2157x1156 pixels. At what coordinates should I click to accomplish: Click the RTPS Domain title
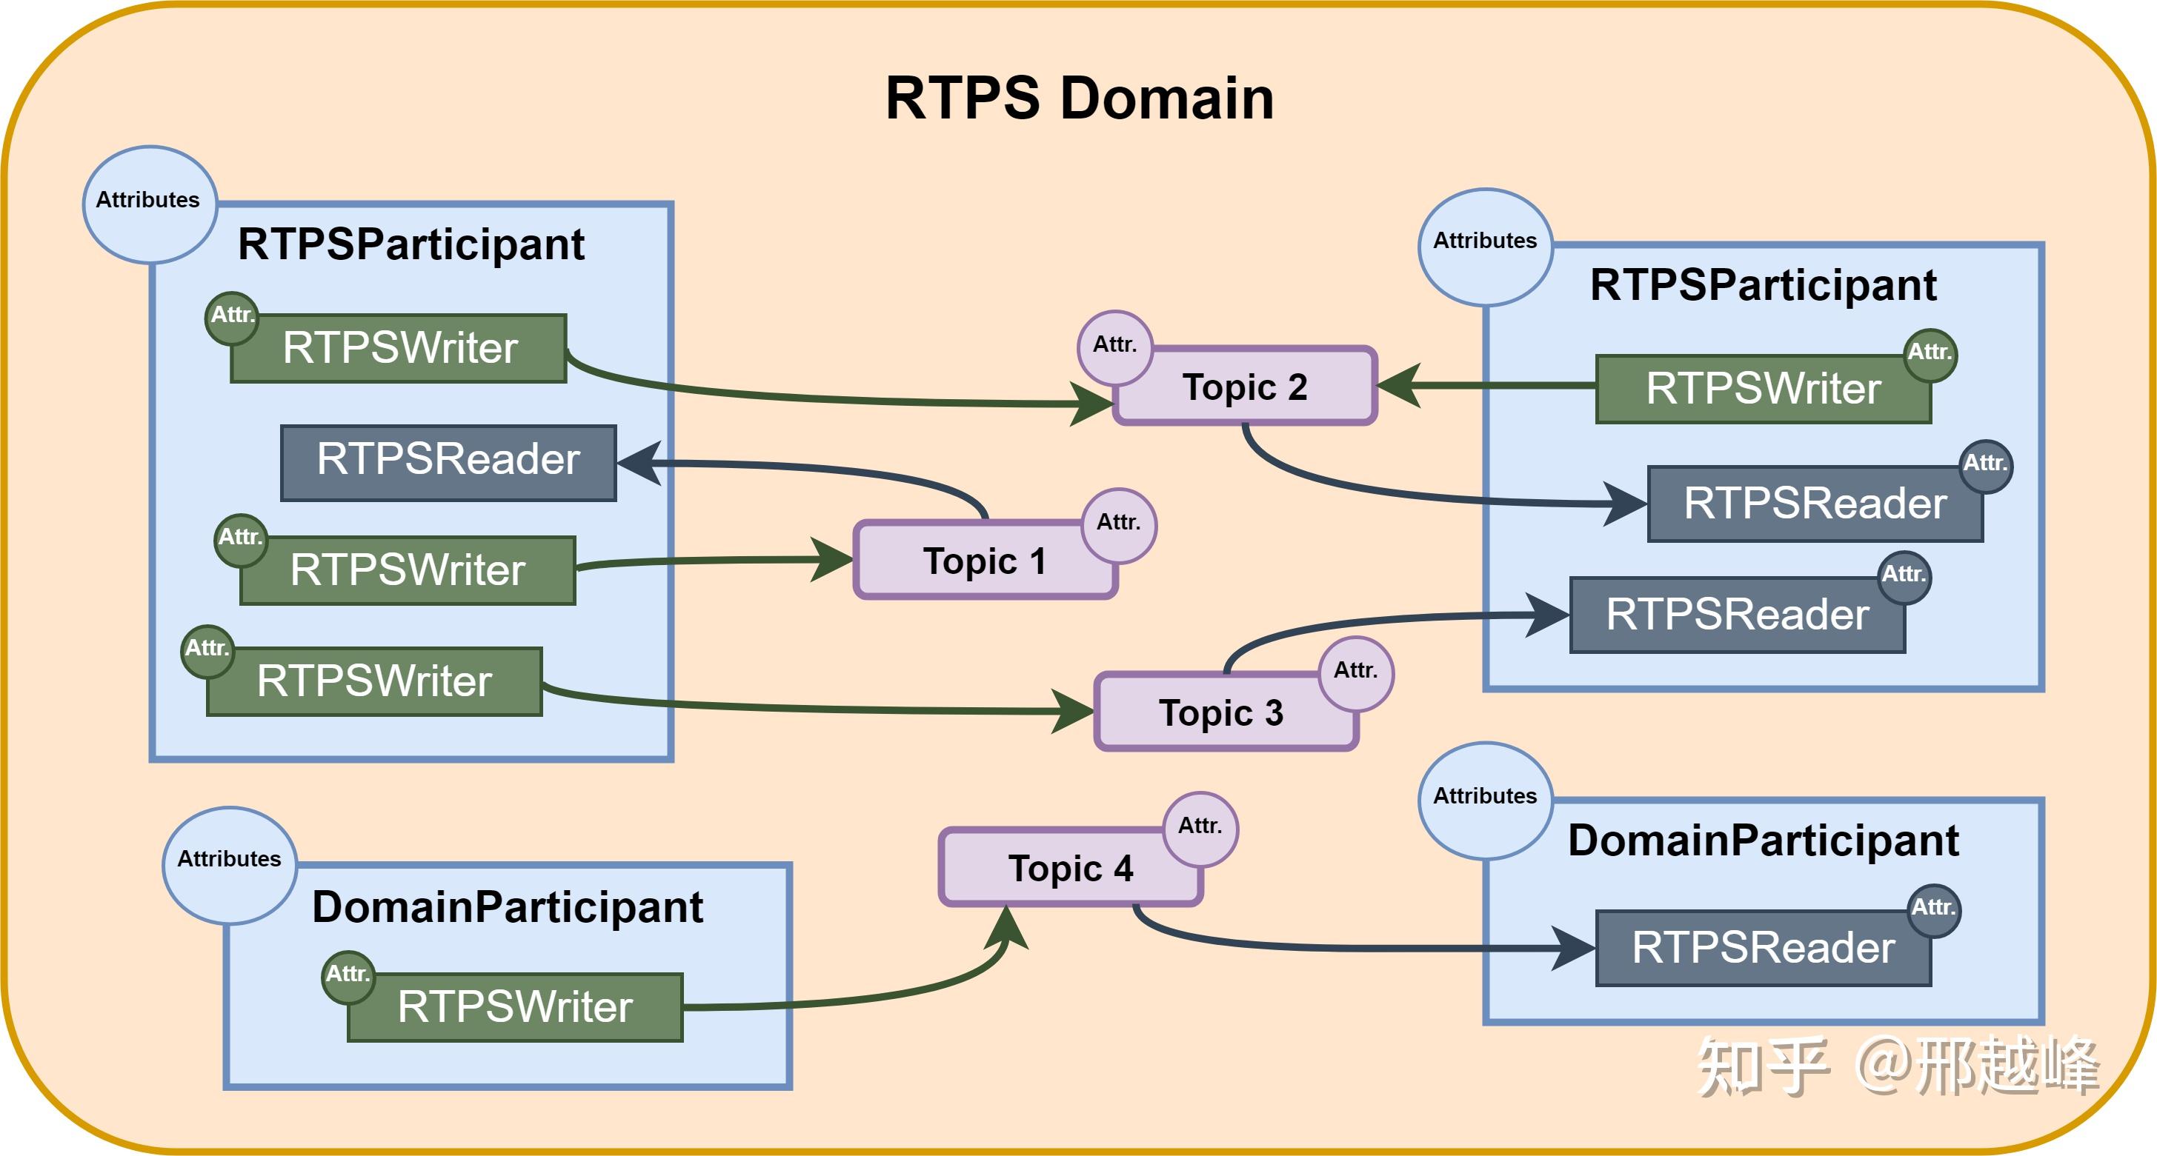pos(1080,98)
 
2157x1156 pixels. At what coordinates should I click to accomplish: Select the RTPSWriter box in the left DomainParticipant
pos(515,1008)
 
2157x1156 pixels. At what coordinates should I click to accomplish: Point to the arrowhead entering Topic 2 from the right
pos(1398,386)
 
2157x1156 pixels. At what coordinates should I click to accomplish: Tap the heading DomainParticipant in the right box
pos(1764,841)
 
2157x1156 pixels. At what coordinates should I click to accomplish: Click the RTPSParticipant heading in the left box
pos(411,245)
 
